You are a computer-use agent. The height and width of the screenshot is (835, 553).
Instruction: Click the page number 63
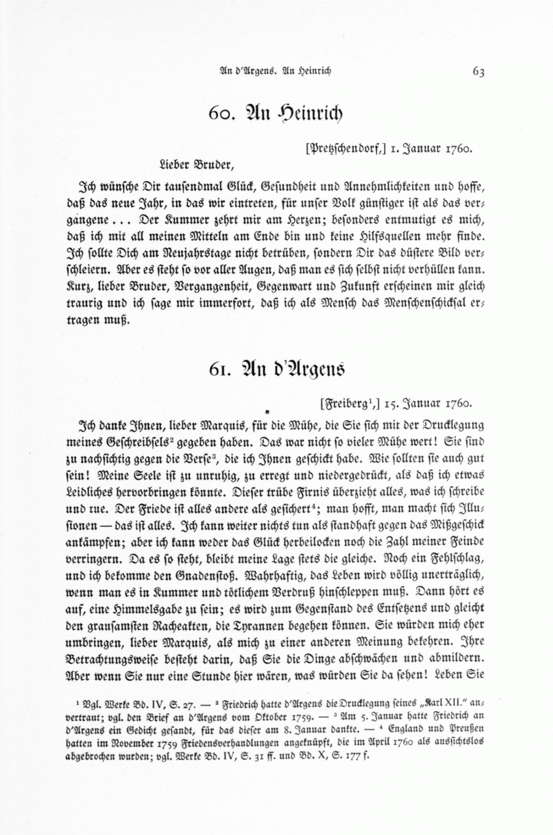[x=479, y=71]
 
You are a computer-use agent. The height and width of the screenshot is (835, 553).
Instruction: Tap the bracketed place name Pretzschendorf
[x=345, y=147]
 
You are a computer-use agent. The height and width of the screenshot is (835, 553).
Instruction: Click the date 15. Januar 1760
[x=428, y=404]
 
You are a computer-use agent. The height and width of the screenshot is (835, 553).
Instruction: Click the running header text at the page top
[x=275, y=71]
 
